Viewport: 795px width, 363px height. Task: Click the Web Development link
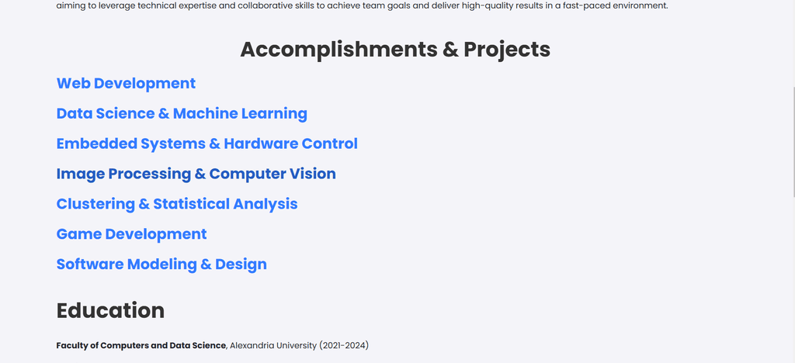(x=126, y=84)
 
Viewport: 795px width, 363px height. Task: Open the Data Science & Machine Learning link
(x=182, y=114)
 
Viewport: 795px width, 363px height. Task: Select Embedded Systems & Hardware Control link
(x=207, y=144)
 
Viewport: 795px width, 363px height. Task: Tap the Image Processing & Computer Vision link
(x=196, y=175)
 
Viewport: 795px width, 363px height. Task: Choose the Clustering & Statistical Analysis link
(x=177, y=204)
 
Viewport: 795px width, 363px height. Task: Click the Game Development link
(x=131, y=234)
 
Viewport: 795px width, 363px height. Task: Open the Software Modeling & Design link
(x=161, y=264)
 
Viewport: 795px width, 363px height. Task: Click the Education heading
(x=110, y=310)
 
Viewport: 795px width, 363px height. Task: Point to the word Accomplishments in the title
(x=338, y=50)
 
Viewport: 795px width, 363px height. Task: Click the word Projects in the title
(x=507, y=50)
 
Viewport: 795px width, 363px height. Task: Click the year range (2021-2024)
(x=344, y=346)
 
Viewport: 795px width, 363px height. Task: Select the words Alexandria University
(x=273, y=346)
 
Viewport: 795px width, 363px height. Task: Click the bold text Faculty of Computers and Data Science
(x=141, y=346)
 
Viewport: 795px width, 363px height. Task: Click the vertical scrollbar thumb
(x=793, y=142)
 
